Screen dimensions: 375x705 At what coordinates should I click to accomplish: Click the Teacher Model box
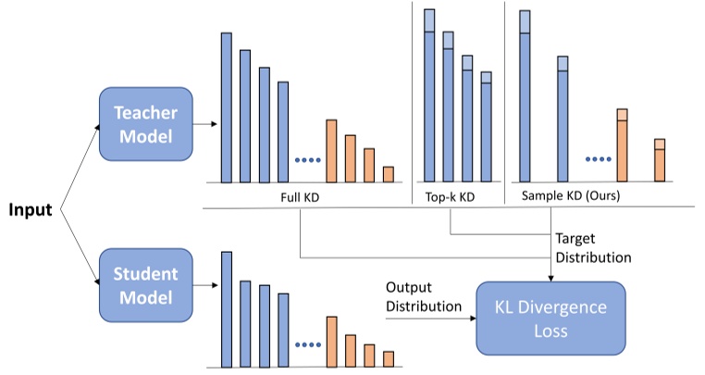144,125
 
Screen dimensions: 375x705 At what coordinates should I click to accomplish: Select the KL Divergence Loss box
551,316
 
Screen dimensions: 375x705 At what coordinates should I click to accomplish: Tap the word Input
30,209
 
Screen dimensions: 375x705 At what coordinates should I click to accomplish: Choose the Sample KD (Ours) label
570,197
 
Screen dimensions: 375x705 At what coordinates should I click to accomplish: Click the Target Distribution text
594,248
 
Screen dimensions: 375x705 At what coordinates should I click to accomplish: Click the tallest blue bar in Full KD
227,106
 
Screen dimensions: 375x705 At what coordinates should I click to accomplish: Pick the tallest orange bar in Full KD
331,150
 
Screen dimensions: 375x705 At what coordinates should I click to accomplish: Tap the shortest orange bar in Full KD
389,174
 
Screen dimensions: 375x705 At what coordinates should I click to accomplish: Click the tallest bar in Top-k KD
429,93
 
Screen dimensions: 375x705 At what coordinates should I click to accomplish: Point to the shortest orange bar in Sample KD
660,159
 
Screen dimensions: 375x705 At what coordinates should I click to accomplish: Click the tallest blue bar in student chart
227,308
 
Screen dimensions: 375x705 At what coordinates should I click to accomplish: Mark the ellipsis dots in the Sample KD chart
600,159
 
